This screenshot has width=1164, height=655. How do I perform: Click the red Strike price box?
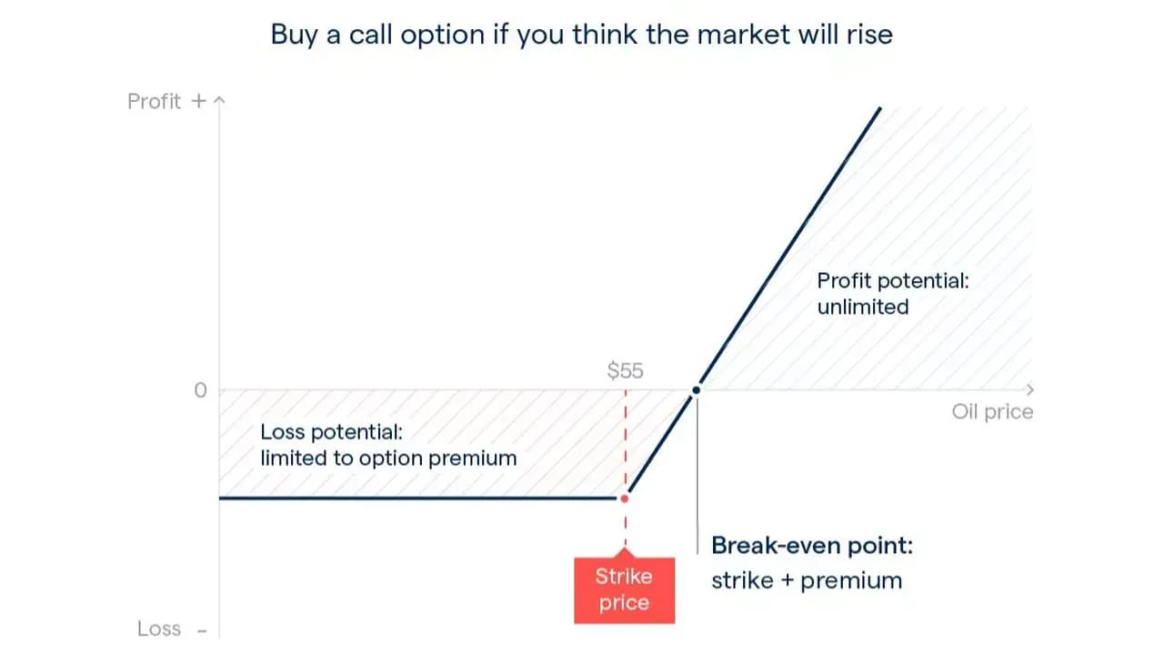coord(624,590)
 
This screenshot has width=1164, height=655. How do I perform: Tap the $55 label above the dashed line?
coord(625,370)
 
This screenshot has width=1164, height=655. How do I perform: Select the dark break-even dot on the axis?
coord(697,390)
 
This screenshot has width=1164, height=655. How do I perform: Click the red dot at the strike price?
coord(625,499)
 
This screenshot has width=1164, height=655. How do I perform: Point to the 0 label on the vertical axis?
coord(201,390)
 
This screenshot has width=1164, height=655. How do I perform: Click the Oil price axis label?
coord(992,412)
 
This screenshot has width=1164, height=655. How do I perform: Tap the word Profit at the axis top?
coord(155,101)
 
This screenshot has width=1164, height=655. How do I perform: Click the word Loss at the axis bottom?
coord(159,629)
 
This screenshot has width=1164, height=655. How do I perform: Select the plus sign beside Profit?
coord(198,101)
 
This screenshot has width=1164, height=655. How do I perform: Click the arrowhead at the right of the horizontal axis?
coord(1030,389)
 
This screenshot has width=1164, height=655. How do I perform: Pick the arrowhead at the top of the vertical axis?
coord(219,99)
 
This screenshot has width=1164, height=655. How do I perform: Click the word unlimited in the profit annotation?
coord(863,307)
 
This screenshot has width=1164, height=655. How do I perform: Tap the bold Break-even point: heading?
coord(812,545)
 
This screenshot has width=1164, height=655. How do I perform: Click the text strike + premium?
coord(807,580)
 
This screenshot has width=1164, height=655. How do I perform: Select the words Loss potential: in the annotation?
coord(332,432)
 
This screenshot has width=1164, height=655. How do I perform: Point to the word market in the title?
coord(743,35)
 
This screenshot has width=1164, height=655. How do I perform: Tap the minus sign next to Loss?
coord(202,631)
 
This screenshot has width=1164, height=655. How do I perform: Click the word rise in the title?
coord(870,35)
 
